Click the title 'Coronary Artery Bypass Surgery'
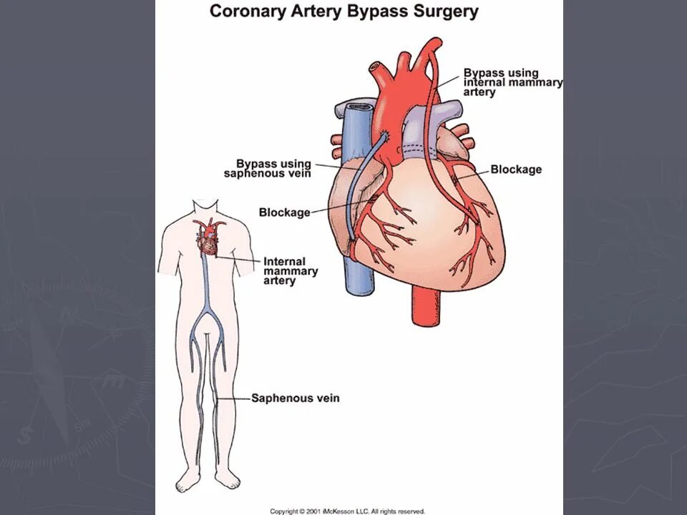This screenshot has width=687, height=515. pos(343,12)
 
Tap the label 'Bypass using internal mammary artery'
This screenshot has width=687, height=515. pos(512,82)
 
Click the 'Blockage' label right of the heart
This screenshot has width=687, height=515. pos(515,170)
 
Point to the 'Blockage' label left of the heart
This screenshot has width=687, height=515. pos(284,212)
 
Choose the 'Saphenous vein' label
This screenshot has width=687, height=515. pos(295,398)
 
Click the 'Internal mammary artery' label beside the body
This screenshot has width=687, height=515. pos(291,271)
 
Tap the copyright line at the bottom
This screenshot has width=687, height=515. pos(347,511)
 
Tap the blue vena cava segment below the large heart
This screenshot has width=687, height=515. pos(356,275)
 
